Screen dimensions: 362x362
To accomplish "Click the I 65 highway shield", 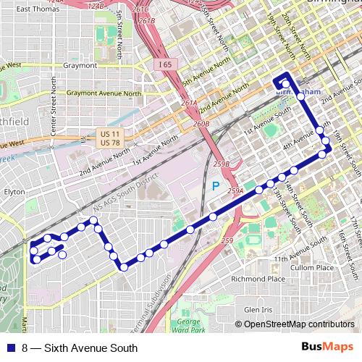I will coord(166,64).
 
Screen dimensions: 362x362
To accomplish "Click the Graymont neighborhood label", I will coord(80,65).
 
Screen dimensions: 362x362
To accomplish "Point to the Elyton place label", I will coord(14,193).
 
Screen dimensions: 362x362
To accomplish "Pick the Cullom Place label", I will coord(313,267).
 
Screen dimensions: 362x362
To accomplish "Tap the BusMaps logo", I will coord(327,348).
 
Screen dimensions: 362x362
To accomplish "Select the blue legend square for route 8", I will coord(10,348).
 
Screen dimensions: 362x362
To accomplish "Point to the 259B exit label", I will coord(222,165).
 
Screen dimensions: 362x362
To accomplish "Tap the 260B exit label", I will coord(202,124).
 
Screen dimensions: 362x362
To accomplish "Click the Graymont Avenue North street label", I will coord(104,93).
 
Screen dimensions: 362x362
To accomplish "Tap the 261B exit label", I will coord(147,21).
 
